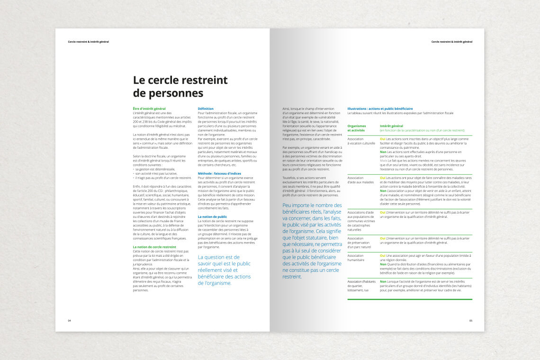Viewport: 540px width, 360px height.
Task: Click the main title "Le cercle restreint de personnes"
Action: [x=180, y=86]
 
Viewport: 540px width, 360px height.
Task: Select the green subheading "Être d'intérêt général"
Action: [x=149, y=109]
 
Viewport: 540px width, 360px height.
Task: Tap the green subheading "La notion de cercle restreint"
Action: [x=154, y=247]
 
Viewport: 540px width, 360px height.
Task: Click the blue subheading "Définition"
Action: [x=206, y=109]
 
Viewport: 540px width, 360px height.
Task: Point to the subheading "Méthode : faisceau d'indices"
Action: [x=219, y=173]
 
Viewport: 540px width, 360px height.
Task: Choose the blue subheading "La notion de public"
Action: [x=212, y=216]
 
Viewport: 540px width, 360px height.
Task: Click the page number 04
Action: [x=69, y=321]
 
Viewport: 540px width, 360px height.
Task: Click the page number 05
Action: [x=470, y=321]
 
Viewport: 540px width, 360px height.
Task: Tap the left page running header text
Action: [x=88, y=42]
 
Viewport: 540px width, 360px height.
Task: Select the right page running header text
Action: [x=451, y=42]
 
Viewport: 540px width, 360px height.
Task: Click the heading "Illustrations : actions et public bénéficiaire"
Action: [x=380, y=109]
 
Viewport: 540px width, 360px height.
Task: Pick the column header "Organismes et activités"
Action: [x=357, y=128]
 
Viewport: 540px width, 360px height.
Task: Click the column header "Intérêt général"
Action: [x=391, y=126]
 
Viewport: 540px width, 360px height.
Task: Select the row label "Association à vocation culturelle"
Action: [x=361, y=141]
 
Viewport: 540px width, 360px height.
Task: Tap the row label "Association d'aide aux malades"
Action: [x=360, y=180]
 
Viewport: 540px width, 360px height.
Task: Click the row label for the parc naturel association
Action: [x=359, y=243]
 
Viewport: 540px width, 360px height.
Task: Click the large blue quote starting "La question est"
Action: [x=224, y=270]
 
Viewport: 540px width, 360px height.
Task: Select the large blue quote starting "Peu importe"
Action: [x=312, y=241]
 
